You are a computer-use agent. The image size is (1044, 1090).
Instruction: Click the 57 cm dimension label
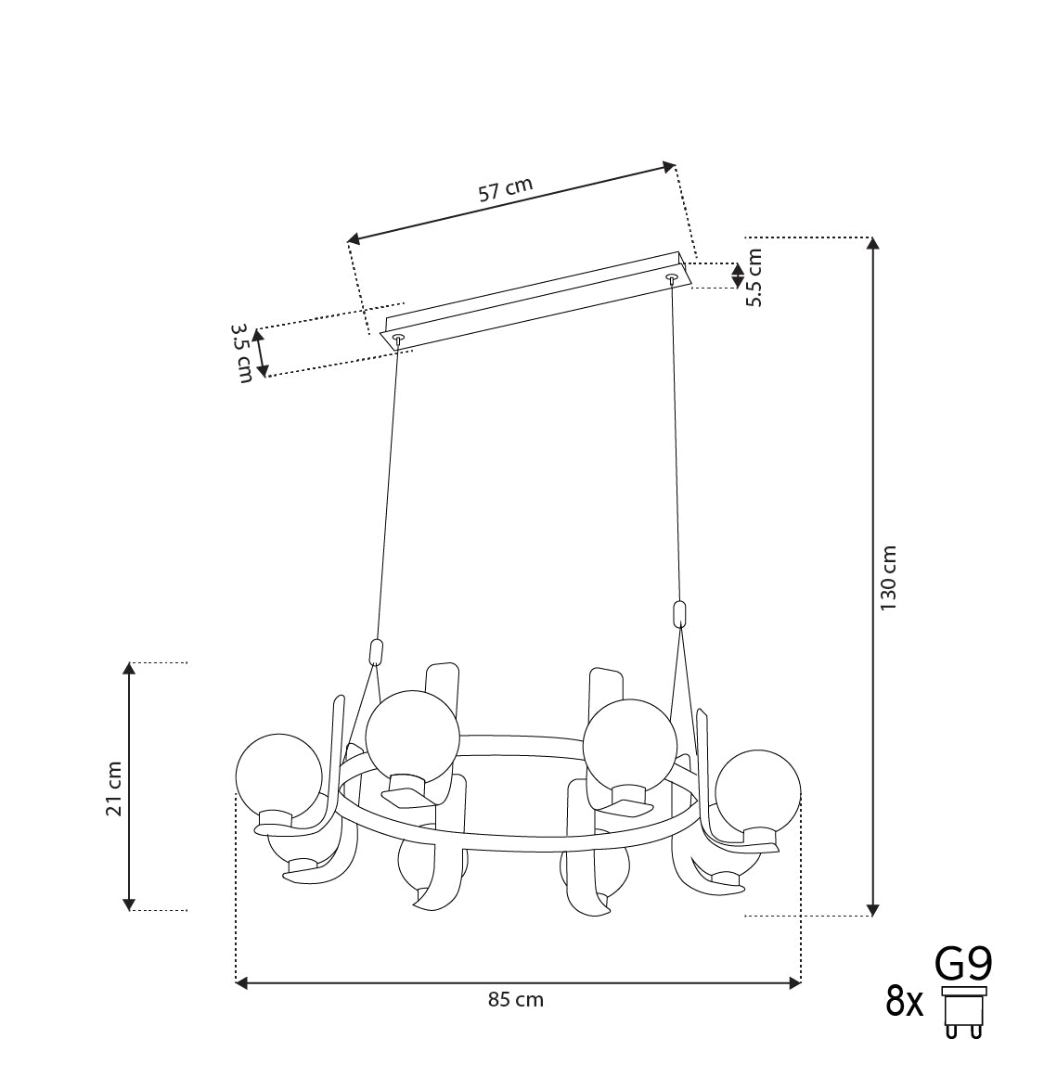pos(506,189)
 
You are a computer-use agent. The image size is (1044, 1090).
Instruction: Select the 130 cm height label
pos(889,578)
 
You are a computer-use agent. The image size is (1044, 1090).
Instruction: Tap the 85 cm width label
pos(515,1000)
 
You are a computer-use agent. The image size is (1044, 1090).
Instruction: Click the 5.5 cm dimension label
pos(754,276)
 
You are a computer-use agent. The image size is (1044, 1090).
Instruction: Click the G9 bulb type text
pos(963,965)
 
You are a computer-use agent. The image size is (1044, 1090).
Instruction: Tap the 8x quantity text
pos(904,1002)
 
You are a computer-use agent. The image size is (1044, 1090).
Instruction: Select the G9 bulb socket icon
pos(964,1012)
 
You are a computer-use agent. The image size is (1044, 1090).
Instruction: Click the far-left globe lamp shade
pos(279,776)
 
